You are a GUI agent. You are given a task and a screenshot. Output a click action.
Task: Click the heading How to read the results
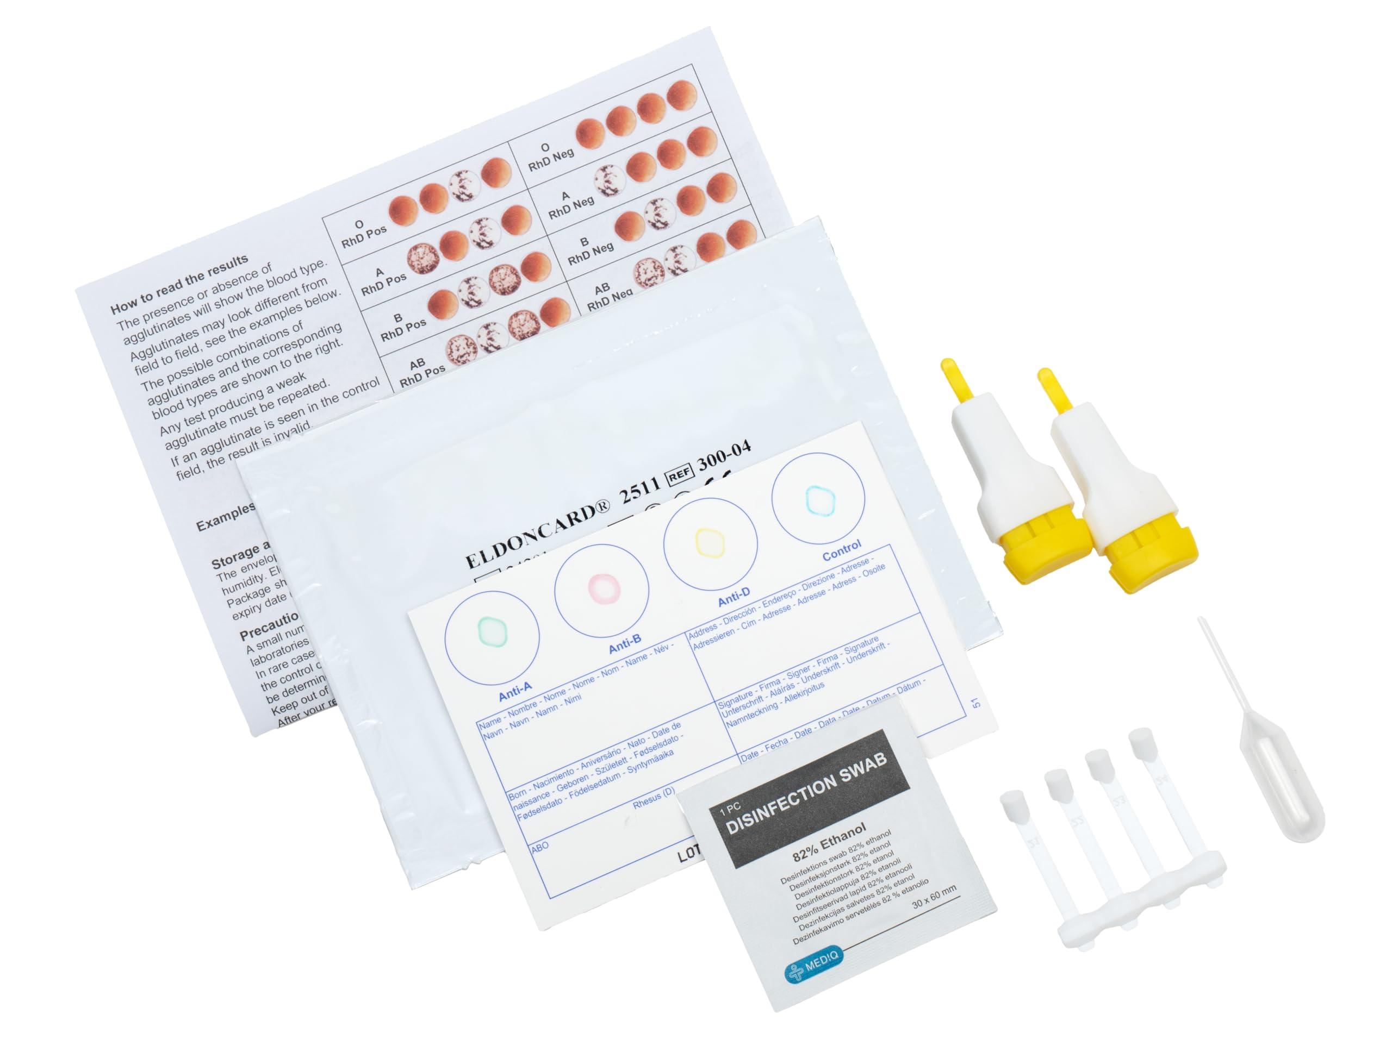pyautogui.click(x=179, y=284)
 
